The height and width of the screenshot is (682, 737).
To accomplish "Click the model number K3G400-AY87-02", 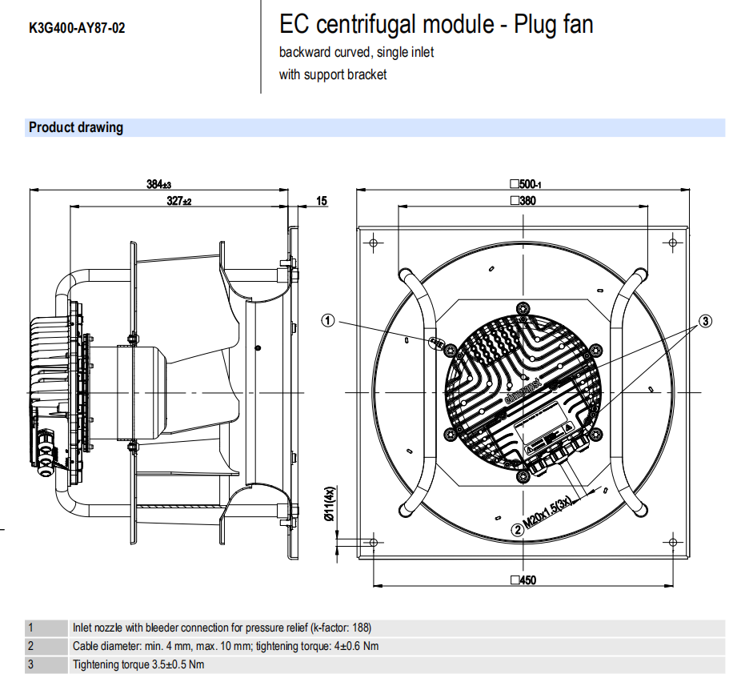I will tap(77, 29).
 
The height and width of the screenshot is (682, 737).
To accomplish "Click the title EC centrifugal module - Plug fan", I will tap(436, 25).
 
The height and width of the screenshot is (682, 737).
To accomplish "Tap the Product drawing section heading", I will tap(76, 127).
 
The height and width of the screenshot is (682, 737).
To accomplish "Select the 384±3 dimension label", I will tap(159, 183).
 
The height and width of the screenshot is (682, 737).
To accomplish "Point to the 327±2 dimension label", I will tap(179, 201).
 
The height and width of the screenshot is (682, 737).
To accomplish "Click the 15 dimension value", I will tap(321, 201).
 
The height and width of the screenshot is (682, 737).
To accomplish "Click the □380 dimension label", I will tap(522, 201).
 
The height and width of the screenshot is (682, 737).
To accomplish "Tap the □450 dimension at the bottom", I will tap(522, 580).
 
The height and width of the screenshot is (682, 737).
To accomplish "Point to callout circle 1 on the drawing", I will tap(328, 320).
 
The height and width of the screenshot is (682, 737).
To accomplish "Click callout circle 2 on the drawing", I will tap(518, 529).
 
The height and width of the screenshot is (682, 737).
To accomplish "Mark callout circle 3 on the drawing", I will tap(705, 322).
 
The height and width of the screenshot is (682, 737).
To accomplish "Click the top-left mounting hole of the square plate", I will tap(372, 242).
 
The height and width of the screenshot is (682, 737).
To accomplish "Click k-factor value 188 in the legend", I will tap(361, 628).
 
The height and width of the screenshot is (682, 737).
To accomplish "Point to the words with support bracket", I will tap(332, 74).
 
